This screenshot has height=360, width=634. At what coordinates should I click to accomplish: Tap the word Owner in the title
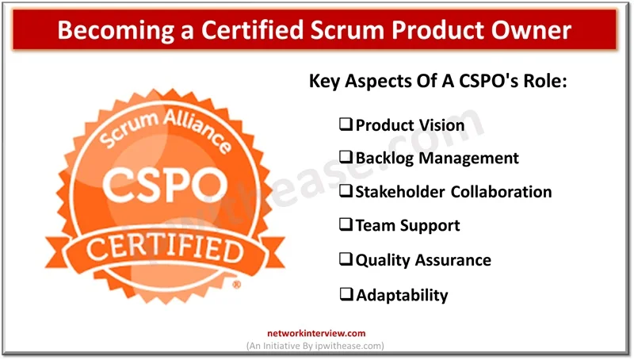click(533, 31)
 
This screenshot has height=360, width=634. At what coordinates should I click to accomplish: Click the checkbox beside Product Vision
click(346, 124)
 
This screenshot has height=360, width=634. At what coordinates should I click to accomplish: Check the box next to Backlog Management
click(346, 158)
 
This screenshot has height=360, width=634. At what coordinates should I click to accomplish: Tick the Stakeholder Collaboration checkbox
click(346, 191)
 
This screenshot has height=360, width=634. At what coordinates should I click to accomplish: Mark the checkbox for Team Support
click(346, 225)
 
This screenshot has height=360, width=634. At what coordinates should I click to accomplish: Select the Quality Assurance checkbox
click(346, 259)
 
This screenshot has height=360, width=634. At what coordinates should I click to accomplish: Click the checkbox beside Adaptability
click(346, 294)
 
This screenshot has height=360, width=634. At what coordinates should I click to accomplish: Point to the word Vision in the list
click(437, 124)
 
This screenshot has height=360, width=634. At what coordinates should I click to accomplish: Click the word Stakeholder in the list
click(400, 191)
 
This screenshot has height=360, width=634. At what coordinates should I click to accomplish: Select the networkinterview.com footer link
click(317, 335)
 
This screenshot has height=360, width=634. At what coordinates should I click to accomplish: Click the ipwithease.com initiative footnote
click(317, 347)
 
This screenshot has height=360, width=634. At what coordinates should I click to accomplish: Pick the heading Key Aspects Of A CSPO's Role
click(437, 82)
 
